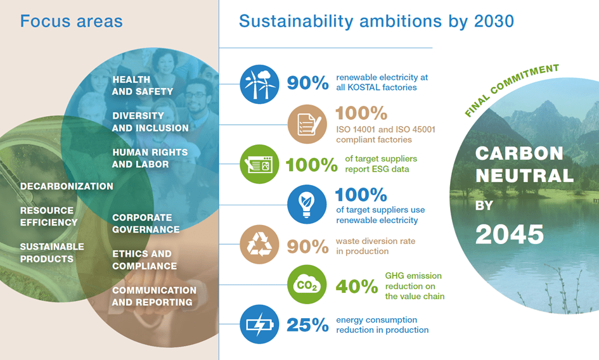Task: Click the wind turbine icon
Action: coord(259,84)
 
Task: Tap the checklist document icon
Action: coord(307,124)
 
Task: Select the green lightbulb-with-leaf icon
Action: coord(307,205)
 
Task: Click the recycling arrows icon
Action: coord(259,244)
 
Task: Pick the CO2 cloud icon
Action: coord(307,285)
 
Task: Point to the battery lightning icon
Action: coord(259,324)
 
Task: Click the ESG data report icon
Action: coord(259,164)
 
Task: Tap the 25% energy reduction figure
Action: coord(307,325)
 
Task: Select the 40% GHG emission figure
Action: coord(357,286)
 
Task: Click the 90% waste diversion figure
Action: coord(307,247)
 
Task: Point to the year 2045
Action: coord(510,235)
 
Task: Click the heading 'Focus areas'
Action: coord(72,21)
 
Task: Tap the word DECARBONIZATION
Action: coord(67,186)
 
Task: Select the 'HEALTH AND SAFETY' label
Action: coord(143,86)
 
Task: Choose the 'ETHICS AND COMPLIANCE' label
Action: coord(145,260)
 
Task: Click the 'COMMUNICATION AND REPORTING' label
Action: coord(154,296)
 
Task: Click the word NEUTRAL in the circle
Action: coord(524,176)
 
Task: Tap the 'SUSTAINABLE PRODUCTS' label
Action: coord(52,253)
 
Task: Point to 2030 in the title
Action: coord(494,21)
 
